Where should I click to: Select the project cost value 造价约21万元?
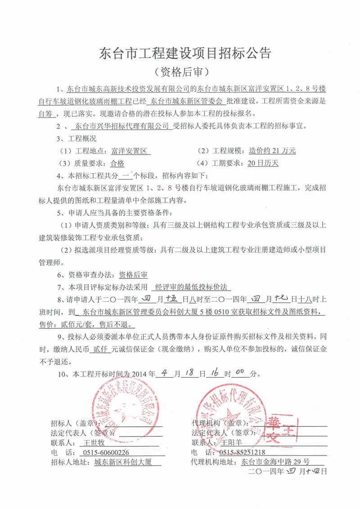(x=272, y=151)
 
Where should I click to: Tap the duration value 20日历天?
(x=263, y=163)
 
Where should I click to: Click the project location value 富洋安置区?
(x=130, y=151)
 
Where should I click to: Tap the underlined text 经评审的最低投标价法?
(x=191, y=286)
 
